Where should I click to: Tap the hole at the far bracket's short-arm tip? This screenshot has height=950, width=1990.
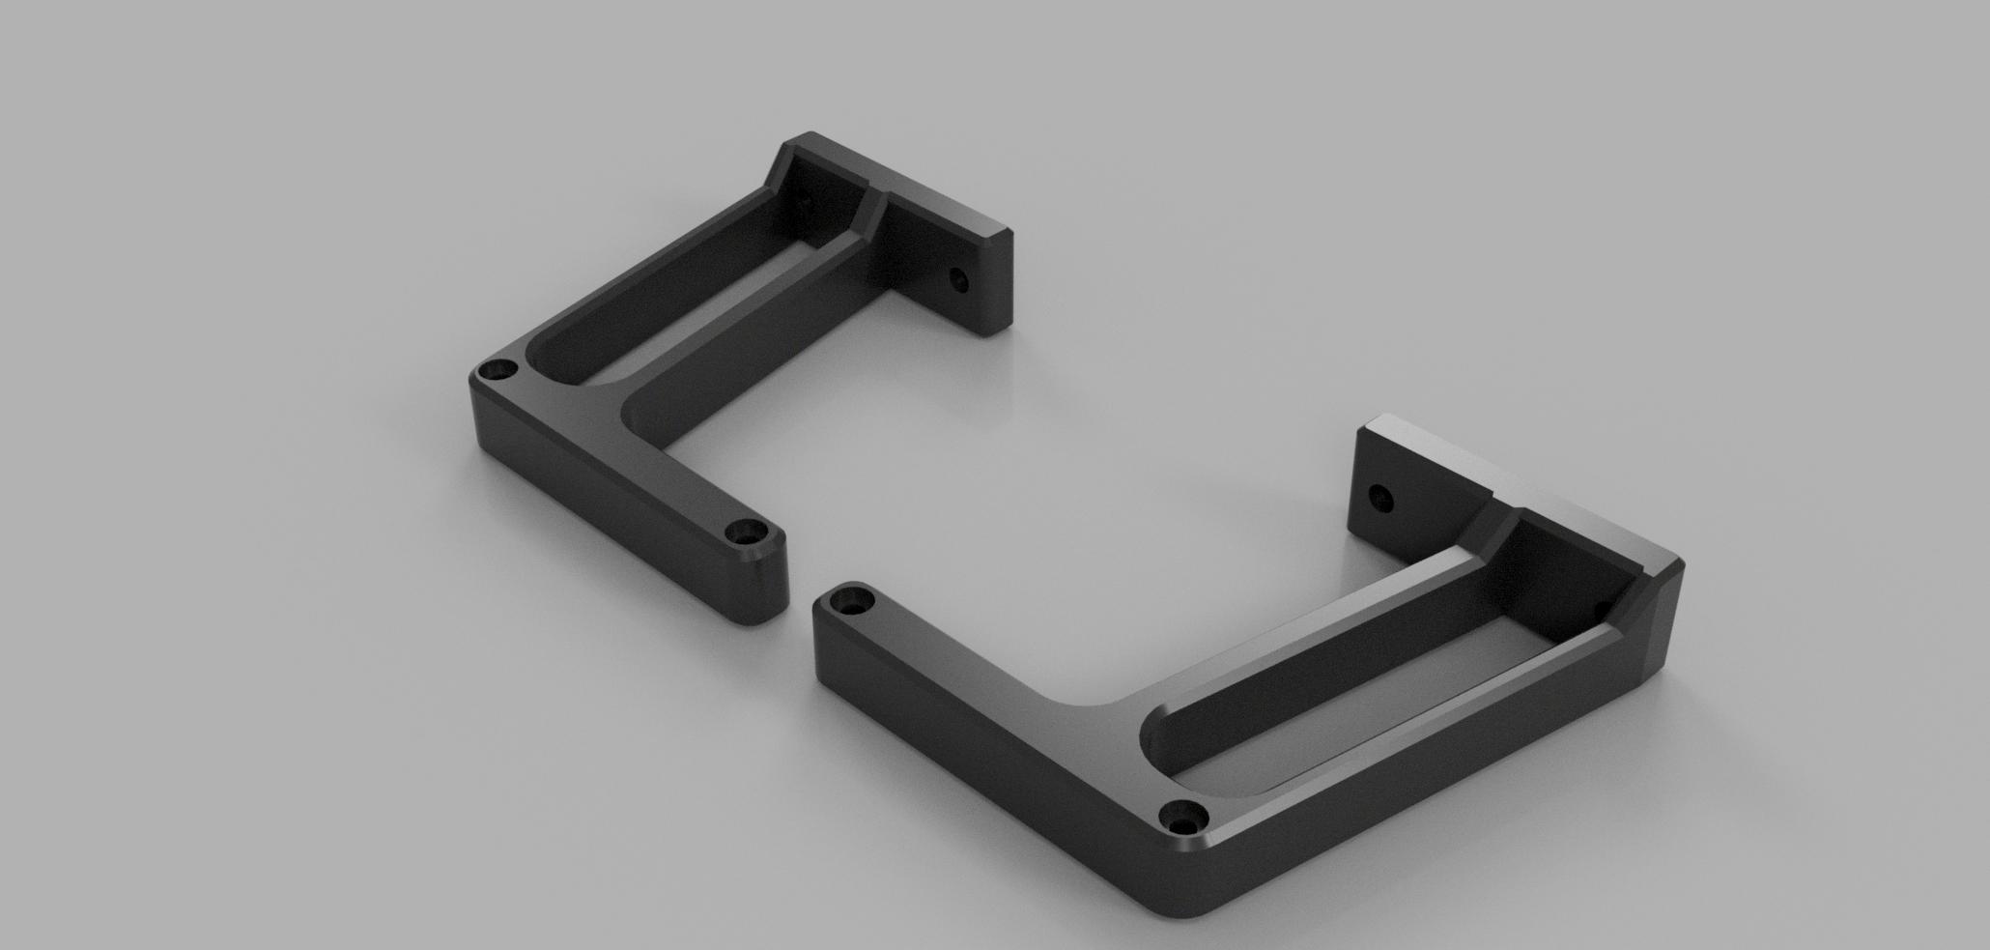tap(744, 532)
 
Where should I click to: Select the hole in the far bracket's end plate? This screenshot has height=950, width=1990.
tap(959, 281)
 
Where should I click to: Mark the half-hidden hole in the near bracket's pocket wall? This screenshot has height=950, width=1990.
tap(1598, 608)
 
